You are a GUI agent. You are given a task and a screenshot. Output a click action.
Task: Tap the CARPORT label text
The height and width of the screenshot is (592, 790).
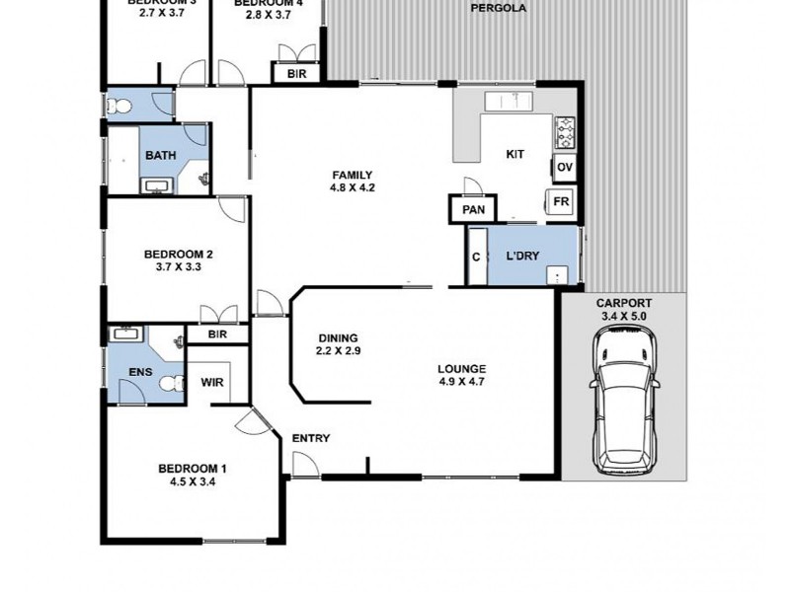tap(624, 303)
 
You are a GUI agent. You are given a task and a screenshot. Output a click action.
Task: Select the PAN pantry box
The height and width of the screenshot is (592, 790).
tap(473, 209)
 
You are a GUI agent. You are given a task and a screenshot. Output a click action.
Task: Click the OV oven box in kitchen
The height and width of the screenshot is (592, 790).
tap(565, 167)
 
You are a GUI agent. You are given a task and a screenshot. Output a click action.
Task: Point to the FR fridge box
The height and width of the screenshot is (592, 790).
tap(562, 201)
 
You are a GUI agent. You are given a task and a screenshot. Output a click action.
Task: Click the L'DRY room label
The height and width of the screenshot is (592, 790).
tap(522, 257)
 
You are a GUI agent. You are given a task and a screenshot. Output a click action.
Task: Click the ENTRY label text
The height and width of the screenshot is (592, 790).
tap(311, 438)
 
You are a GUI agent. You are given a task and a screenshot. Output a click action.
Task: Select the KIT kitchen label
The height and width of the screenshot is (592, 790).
tap(514, 154)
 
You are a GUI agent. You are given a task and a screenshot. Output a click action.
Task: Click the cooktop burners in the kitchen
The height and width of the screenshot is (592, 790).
tap(566, 128)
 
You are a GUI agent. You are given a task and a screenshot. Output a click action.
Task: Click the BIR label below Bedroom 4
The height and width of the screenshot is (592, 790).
tap(296, 74)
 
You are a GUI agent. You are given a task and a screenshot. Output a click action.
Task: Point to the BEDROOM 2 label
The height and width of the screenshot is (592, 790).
tap(178, 253)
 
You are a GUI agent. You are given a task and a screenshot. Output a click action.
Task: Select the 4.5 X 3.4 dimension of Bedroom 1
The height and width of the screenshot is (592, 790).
tap(192, 482)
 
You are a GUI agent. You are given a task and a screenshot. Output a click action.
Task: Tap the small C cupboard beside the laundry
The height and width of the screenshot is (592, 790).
tap(476, 257)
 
